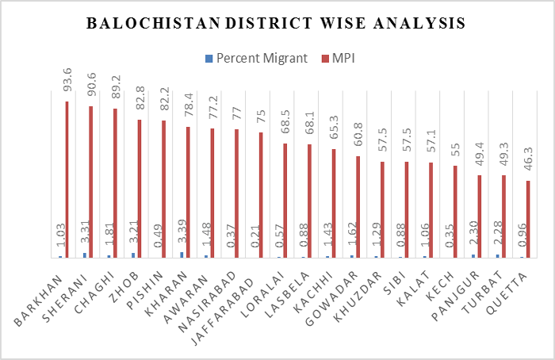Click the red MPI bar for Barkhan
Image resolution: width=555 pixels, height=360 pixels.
click(x=67, y=179)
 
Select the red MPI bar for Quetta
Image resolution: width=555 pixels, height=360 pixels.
click(x=528, y=219)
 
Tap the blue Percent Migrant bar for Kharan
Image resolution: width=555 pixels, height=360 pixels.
click(x=182, y=255)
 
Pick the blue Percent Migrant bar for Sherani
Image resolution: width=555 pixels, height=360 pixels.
click(x=85, y=255)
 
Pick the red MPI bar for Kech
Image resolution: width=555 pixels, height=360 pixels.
click(x=455, y=212)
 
